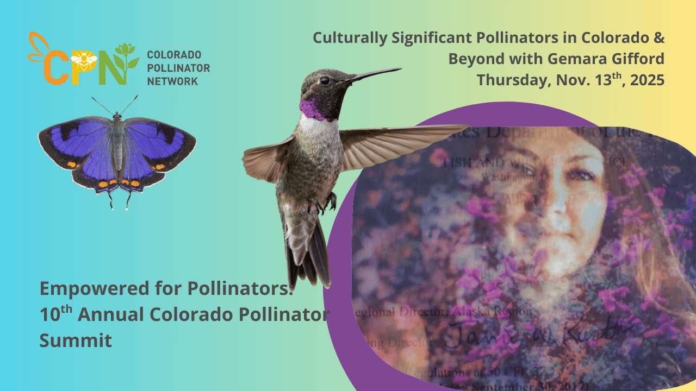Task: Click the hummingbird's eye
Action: coord(325,81)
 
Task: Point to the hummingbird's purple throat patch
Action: coord(312,109)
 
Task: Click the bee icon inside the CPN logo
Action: coord(84,58)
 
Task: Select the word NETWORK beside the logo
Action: coord(172,81)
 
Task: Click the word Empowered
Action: coord(93,288)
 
